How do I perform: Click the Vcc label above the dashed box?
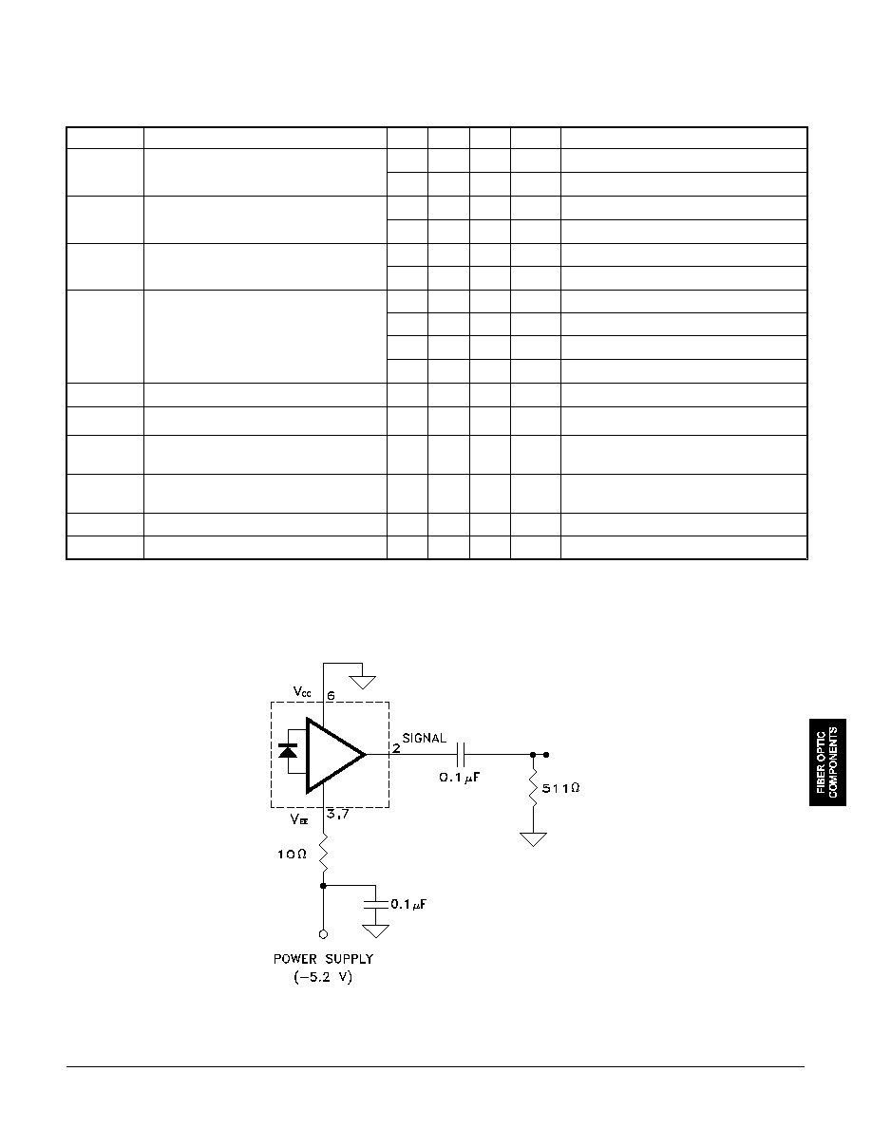click(x=302, y=691)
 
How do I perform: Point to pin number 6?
click(x=331, y=696)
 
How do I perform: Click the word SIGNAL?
click(x=424, y=738)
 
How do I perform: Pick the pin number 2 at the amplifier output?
click(x=396, y=748)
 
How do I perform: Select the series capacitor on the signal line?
click(x=463, y=755)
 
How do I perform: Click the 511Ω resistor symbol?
click(x=533, y=787)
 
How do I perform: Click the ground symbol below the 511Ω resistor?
click(x=533, y=839)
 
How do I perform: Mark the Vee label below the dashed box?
click(x=300, y=818)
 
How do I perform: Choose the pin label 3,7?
click(x=337, y=815)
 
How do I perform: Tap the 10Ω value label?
click(x=293, y=854)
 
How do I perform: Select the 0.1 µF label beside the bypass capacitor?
click(x=408, y=904)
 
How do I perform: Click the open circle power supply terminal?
click(x=323, y=934)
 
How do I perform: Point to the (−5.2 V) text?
click(x=323, y=978)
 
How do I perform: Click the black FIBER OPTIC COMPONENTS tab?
click(x=827, y=761)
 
